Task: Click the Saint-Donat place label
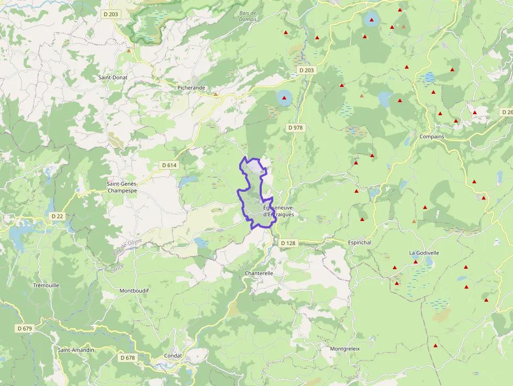click(113, 78)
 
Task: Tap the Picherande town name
click(191, 88)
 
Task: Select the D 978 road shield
click(295, 128)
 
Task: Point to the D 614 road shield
click(170, 165)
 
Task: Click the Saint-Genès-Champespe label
click(122, 188)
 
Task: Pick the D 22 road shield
click(57, 216)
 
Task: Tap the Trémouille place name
click(46, 285)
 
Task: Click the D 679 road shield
click(25, 328)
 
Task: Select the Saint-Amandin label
click(76, 350)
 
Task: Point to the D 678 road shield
click(127, 358)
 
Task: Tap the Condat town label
click(173, 356)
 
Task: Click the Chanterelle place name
click(259, 273)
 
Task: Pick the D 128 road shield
click(288, 243)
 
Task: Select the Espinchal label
click(360, 243)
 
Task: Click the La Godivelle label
click(424, 253)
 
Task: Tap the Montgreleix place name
click(345, 349)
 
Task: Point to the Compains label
click(432, 137)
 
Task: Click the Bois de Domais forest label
click(247, 16)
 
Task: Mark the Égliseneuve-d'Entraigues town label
click(278, 211)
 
